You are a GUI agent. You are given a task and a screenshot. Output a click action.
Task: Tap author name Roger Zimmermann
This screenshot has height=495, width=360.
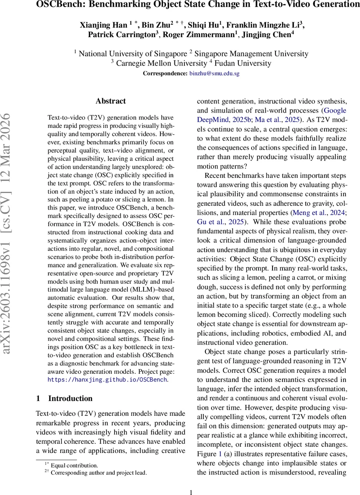click(x=198, y=35)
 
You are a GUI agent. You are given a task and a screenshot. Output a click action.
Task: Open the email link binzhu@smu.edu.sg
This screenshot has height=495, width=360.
click(x=214, y=74)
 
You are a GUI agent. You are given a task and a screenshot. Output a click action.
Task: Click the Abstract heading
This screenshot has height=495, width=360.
click(x=111, y=101)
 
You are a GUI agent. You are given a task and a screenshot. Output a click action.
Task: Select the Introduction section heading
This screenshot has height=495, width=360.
click(x=71, y=398)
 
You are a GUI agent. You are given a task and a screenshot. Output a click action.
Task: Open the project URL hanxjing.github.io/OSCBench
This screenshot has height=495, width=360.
click(x=107, y=379)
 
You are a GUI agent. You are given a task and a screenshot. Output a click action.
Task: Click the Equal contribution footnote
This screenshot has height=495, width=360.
click(x=74, y=465)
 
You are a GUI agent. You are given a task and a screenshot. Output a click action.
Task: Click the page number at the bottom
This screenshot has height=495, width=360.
click(x=191, y=492)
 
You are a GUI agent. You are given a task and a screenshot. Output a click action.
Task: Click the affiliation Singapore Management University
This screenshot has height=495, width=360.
click(x=252, y=54)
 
